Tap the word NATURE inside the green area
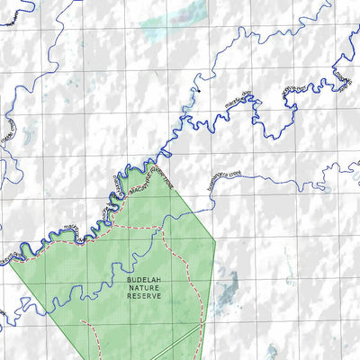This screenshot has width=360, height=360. click(x=144, y=289)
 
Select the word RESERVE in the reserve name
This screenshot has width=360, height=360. click(x=144, y=296)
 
